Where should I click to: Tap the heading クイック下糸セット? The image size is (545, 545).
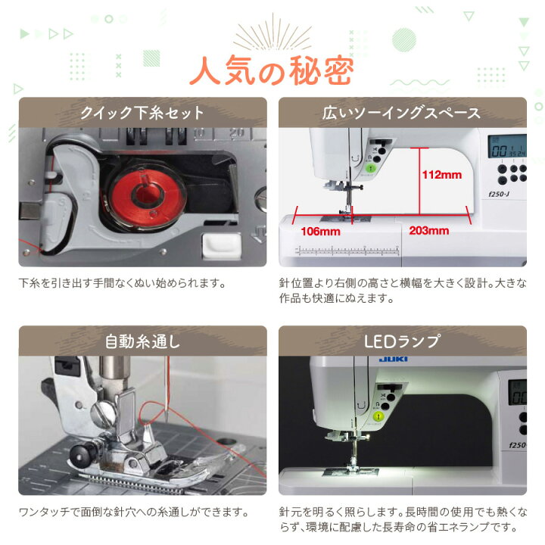pyautogui.click(x=142, y=113)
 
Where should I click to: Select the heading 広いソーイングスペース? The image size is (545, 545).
pyautogui.click(x=402, y=113)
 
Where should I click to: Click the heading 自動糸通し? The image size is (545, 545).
pyautogui.click(x=142, y=341)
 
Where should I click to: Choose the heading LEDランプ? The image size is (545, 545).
pyautogui.click(x=402, y=341)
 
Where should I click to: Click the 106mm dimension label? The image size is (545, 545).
pyautogui.click(x=319, y=230)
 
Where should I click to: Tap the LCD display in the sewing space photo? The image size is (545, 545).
pyautogui.click(x=503, y=147)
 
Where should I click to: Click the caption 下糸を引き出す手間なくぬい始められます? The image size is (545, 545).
pyautogui.click(x=123, y=284)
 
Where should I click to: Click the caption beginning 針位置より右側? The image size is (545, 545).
pyautogui.click(x=402, y=291)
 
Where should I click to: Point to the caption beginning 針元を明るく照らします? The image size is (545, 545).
pyautogui.click(x=402, y=519)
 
